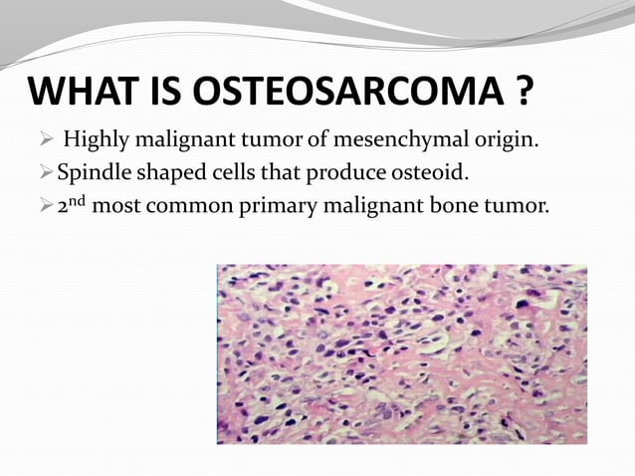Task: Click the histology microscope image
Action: [401, 354]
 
